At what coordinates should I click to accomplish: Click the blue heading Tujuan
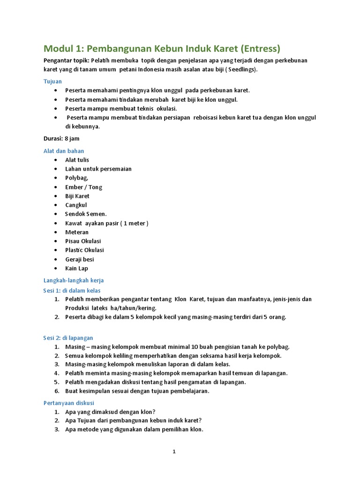(x=52, y=81)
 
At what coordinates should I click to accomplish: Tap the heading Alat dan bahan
(x=64, y=151)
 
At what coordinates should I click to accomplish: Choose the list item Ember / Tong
(x=83, y=187)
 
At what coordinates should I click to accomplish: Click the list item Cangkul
(x=76, y=205)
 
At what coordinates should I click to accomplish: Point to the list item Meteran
(x=77, y=232)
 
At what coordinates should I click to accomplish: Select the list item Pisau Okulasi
(x=83, y=241)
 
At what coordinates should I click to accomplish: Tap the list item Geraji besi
(x=80, y=259)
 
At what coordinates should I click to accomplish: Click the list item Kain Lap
(x=76, y=268)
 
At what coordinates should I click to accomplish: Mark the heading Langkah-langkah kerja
(x=74, y=280)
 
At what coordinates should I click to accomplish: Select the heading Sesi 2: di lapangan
(x=68, y=337)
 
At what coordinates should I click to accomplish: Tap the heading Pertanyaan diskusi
(x=69, y=403)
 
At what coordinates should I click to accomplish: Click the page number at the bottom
(x=174, y=452)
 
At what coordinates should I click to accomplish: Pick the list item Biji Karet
(x=77, y=196)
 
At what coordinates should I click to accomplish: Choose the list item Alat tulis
(x=77, y=160)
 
